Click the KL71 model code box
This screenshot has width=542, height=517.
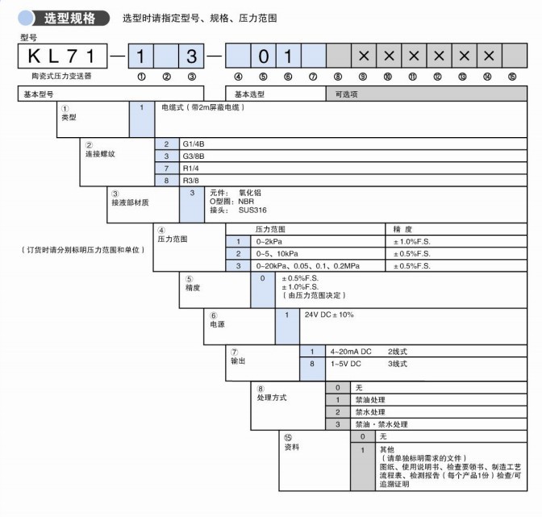(63, 56)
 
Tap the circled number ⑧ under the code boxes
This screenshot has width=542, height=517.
(337, 77)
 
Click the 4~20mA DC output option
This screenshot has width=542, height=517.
(350, 352)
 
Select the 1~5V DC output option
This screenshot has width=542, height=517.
(346, 365)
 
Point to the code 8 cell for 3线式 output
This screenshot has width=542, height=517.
(311, 365)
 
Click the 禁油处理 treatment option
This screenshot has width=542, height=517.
(371, 400)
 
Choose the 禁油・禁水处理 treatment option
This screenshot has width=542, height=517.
(381, 424)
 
